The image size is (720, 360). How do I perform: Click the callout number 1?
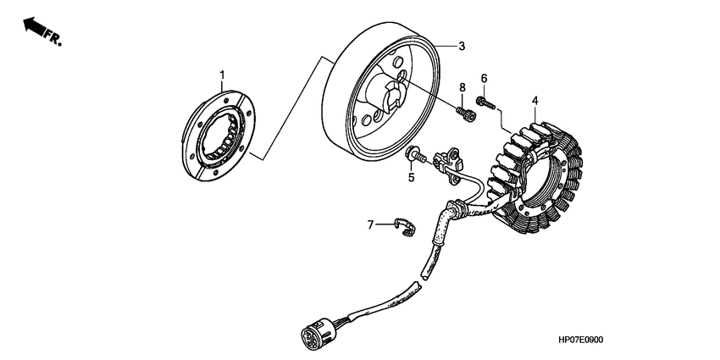tap(223, 75)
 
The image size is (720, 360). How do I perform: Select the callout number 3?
tap(462, 46)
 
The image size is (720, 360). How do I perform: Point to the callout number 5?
tap(411, 178)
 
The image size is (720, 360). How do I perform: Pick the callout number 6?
tap(485, 79)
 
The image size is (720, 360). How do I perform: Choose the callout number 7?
tap(370, 224)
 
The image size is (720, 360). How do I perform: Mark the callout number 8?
tap(462, 87)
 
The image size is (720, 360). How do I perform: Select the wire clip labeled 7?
tap(406, 226)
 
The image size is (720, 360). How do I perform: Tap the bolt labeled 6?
tap(485, 103)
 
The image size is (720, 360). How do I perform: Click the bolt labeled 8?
tap(462, 111)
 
